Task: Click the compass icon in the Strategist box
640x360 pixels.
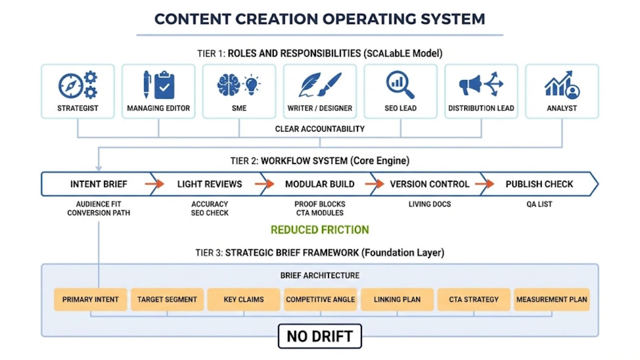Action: [70, 86]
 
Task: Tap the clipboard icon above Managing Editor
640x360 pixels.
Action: [164, 85]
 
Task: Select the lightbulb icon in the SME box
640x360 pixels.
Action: [251, 84]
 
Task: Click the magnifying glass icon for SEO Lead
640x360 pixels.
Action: [400, 84]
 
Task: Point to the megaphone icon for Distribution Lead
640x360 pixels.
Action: [470, 85]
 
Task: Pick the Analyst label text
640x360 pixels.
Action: [562, 108]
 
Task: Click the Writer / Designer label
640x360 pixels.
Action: [320, 108]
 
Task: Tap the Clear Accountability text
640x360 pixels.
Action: [320, 129]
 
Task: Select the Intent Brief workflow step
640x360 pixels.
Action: [98, 184]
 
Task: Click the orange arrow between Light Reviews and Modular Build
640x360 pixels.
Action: [264, 184]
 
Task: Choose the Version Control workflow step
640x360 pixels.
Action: [429, 184]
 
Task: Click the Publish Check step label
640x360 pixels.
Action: [539, 184]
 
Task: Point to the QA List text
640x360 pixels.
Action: [539, 204]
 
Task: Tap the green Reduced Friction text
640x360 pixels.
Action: [320, 230]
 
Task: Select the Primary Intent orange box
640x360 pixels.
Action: [90, 299]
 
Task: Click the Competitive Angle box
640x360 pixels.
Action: [320, 299]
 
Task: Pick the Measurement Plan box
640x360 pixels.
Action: [552, 299]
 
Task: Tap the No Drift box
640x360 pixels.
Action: [320, 336]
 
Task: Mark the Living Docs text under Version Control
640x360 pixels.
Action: [429, 204]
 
